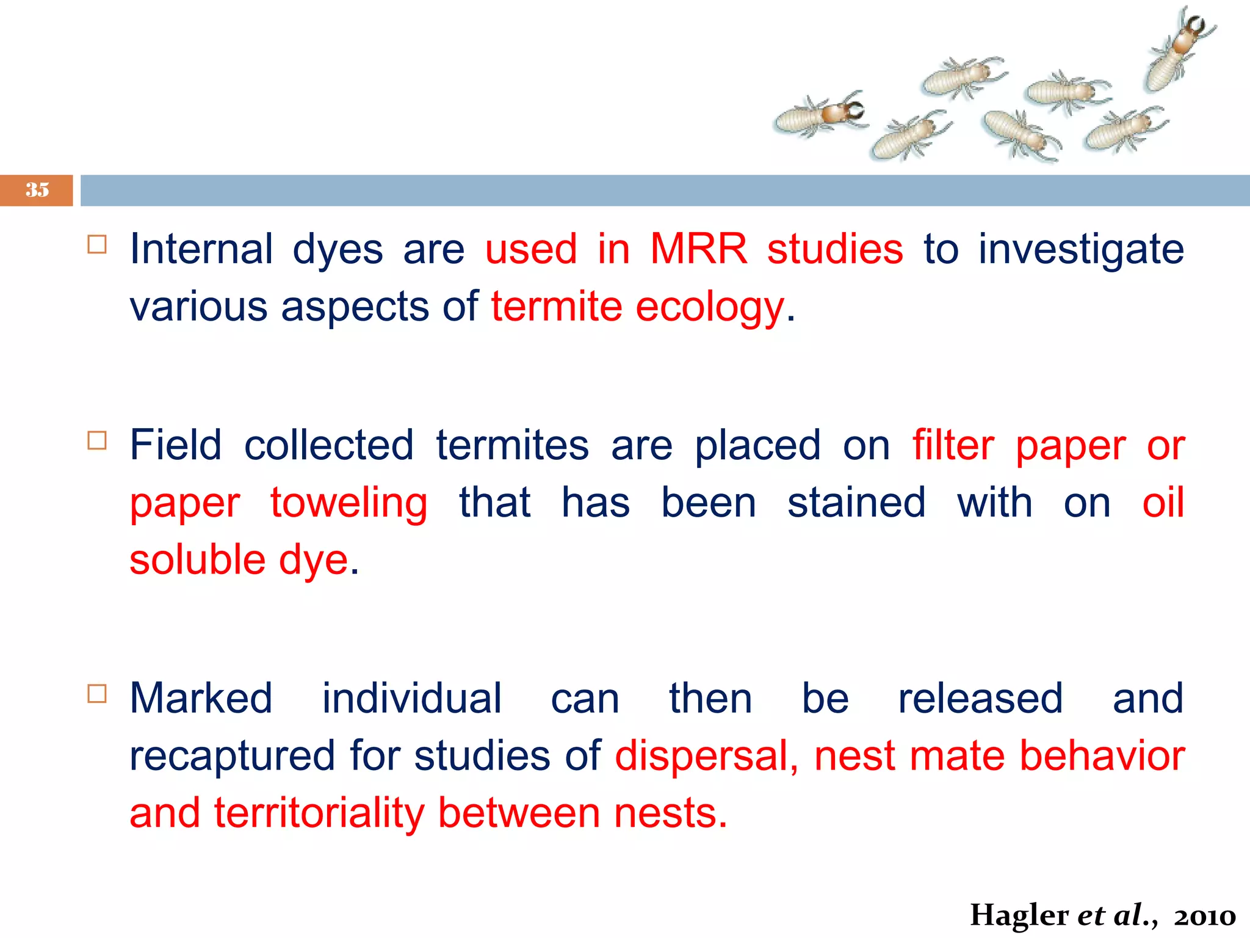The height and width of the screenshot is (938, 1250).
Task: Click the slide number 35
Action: (x=37, y=190)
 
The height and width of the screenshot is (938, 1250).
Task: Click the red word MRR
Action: (x=698, y=249)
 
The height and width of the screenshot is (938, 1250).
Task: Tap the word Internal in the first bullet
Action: (x=201, y=249)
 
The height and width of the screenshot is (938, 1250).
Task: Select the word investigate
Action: (x=1081, y=250)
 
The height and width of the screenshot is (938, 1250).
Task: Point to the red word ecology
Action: (x=709, y=307)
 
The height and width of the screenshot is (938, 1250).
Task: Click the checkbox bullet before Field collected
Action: (x=97, y=440)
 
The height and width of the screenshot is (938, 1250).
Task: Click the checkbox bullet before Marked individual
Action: (x=97, y=694)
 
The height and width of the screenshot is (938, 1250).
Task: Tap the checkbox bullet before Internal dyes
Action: (x=97, y=245)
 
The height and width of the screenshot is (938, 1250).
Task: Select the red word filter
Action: (x=953, y=445)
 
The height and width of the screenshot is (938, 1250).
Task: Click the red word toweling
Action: (x=349, y=503)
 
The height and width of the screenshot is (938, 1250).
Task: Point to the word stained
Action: (x=856, y=503)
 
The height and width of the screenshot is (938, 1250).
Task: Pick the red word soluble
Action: (x=198, y=560)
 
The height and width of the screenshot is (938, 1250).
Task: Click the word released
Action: (x=980, y=699)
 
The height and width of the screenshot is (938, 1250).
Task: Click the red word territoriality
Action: (x=319, y=813)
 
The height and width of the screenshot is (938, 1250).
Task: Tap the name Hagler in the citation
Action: (x=1019, y=915)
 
